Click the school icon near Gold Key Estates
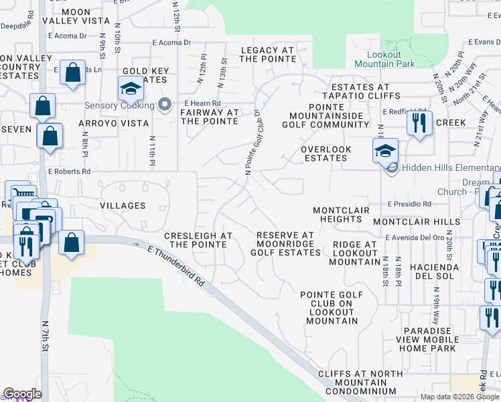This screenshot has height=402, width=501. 131,88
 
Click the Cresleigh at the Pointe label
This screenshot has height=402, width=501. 199,241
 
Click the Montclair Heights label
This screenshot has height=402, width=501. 341,214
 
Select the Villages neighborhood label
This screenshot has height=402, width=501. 123,206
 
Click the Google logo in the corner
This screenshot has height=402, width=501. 22,394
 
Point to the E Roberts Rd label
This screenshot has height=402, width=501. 69,171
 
